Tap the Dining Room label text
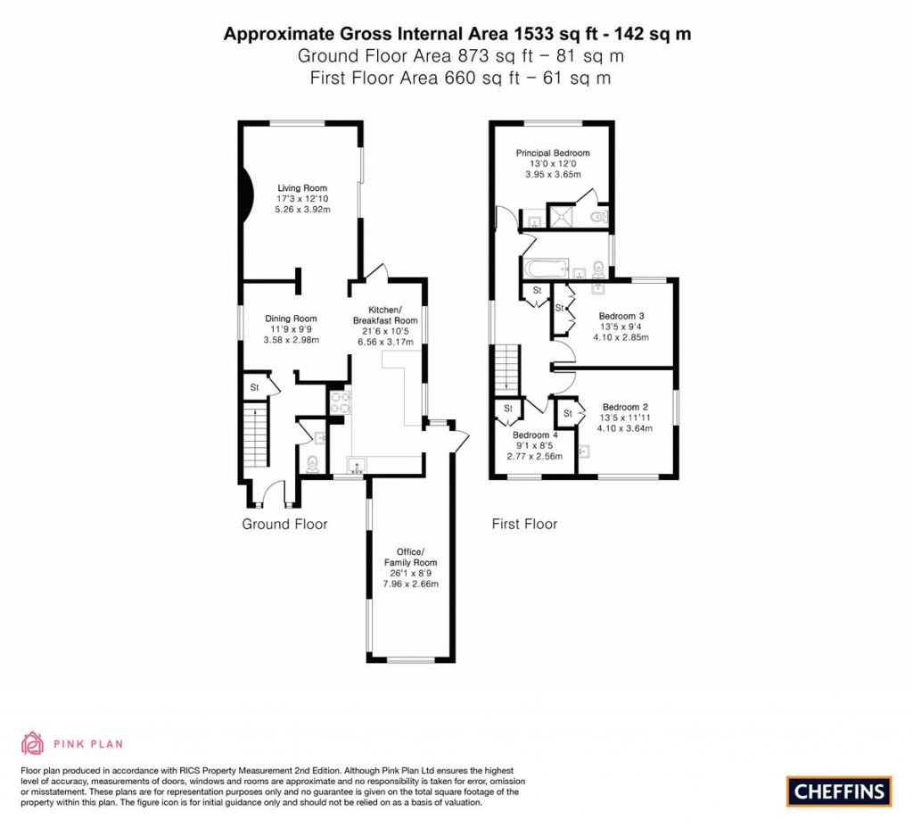click(291, 319)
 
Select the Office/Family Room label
click(404, 562)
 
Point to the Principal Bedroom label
click(553, 153)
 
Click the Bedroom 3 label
click(621, 316)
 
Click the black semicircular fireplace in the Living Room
click(247, 197)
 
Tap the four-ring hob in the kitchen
click(339, 403)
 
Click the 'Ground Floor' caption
click(284, 525)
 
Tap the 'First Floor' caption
click(524, 525)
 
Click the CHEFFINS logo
click(838, 791)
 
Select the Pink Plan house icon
click(32, 743)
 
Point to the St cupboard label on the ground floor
click(254, 388)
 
